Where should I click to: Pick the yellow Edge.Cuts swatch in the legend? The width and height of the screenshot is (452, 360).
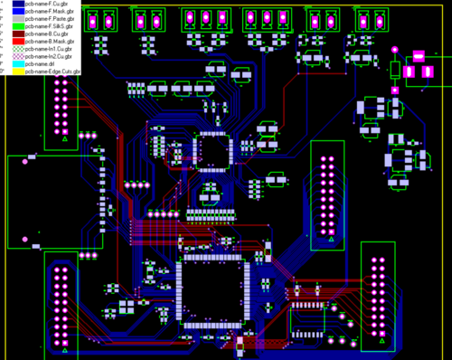[x=17, y=71]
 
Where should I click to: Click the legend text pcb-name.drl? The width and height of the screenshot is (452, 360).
[x=43, y=63]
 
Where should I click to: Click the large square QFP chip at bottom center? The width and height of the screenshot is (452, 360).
[x=213, y=289]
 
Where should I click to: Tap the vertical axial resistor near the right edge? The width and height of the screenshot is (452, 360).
[x=395, y=70]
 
